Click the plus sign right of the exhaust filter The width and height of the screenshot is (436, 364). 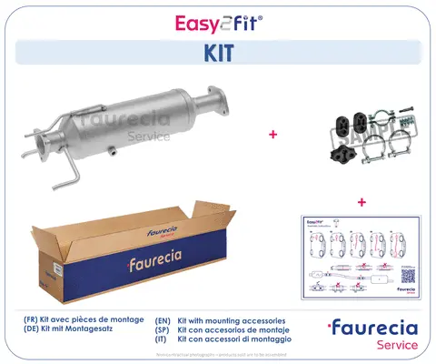(x=272, y=135)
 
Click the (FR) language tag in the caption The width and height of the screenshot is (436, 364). (x=31, y=321)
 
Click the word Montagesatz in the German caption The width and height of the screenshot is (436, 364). (x=100, y=331)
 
